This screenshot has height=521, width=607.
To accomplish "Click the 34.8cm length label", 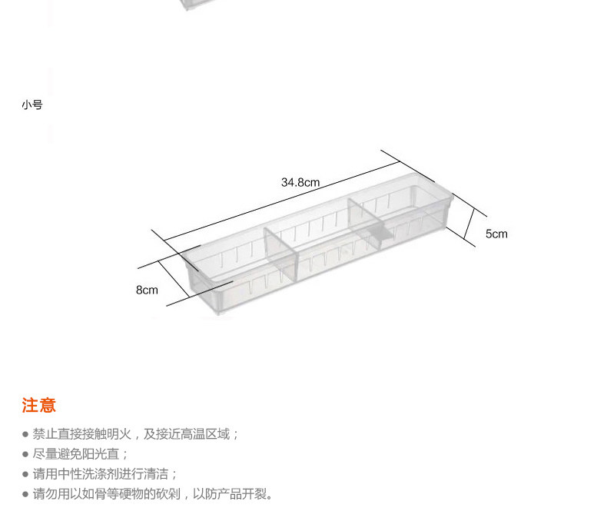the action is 300,183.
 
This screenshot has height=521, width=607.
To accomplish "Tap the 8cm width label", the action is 147,290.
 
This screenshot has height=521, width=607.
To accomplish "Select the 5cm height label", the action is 496,234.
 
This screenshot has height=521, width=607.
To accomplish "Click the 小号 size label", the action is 32,105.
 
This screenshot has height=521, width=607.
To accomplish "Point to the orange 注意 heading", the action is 38,406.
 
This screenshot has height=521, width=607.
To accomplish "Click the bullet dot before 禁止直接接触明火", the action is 25,435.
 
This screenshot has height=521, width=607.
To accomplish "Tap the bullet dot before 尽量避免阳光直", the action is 25,455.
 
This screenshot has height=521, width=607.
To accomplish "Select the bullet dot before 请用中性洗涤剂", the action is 25,475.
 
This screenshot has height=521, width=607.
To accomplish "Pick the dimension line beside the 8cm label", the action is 174,279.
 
